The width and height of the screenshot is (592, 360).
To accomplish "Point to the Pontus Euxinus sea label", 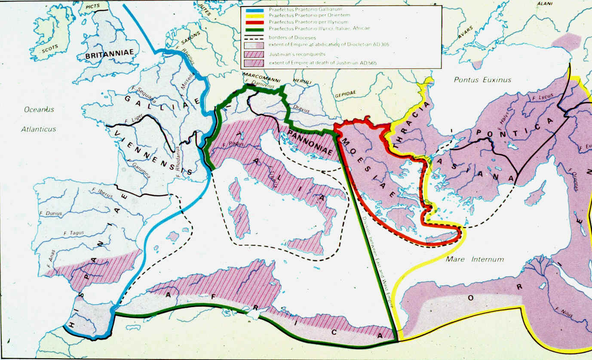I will [x=483, y=80].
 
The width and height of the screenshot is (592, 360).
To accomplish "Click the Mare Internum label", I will [x=475, y=259].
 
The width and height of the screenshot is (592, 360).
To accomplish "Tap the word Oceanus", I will [x=39, y=109].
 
